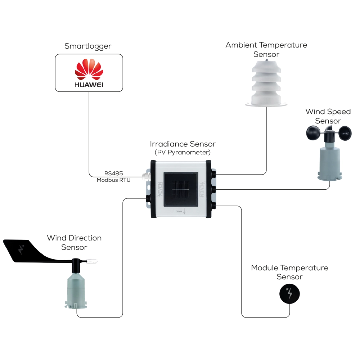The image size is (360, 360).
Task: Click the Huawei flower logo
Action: (x=89, y=69)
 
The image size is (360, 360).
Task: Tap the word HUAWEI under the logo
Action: (x=89, y=85)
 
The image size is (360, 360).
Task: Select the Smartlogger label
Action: (x=88, y=46)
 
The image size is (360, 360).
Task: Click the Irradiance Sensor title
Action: (x=183, y=144)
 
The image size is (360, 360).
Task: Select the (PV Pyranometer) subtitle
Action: (x=183, y=152)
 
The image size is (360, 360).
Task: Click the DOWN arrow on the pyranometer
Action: (x=184, y=212)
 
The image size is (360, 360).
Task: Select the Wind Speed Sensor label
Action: (x=328, y=116)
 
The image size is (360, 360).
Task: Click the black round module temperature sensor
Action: (x=290, y=294)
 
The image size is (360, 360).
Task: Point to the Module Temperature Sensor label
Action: (x=290, y=272)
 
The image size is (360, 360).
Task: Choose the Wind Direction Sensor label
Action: (x=74, y=242)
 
